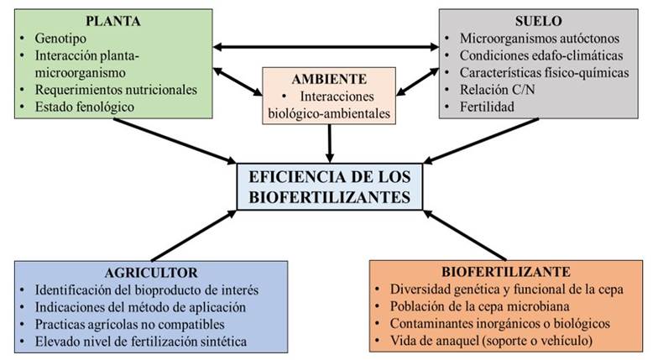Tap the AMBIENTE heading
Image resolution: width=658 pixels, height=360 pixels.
(328, 79)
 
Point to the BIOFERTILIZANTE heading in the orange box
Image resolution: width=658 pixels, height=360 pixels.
(506, 272)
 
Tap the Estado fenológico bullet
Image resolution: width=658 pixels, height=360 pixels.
(86, 107)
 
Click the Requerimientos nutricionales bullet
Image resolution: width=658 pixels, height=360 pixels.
(116, 89)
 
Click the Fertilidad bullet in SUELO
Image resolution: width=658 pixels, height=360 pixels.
(487, 107)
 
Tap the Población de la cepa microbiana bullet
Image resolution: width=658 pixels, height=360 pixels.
(495, 306)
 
